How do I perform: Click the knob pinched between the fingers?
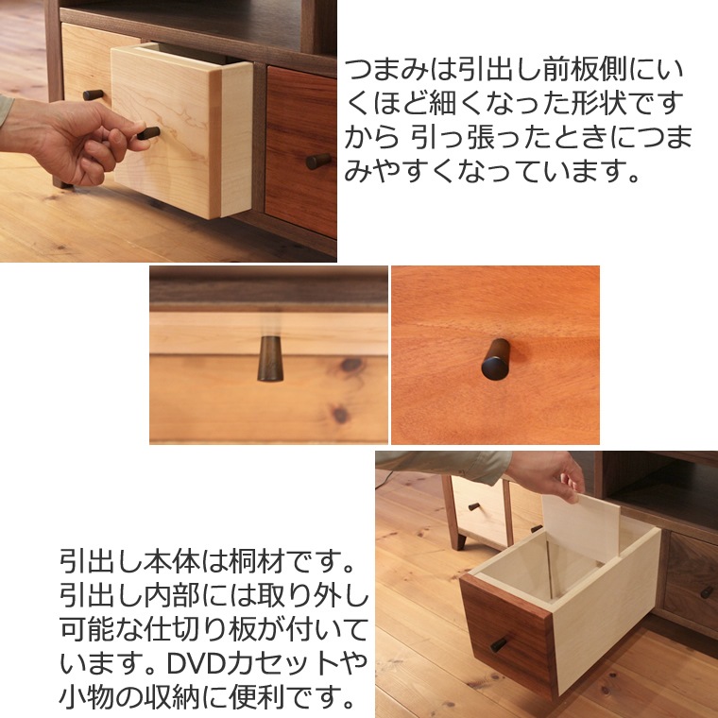[x=149, y=133]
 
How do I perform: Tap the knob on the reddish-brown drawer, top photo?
[x=318, y=161]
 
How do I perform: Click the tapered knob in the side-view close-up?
[x=270, y=359]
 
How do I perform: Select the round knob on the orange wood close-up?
[x=496, y=359]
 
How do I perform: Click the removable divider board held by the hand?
[x=581, y=527]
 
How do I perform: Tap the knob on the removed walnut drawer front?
[x=499, y=644]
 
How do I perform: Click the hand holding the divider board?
[x=547, y=476]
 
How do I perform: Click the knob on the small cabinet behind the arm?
[x=474, y=506]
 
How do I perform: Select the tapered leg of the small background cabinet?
[x=459, y=542]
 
